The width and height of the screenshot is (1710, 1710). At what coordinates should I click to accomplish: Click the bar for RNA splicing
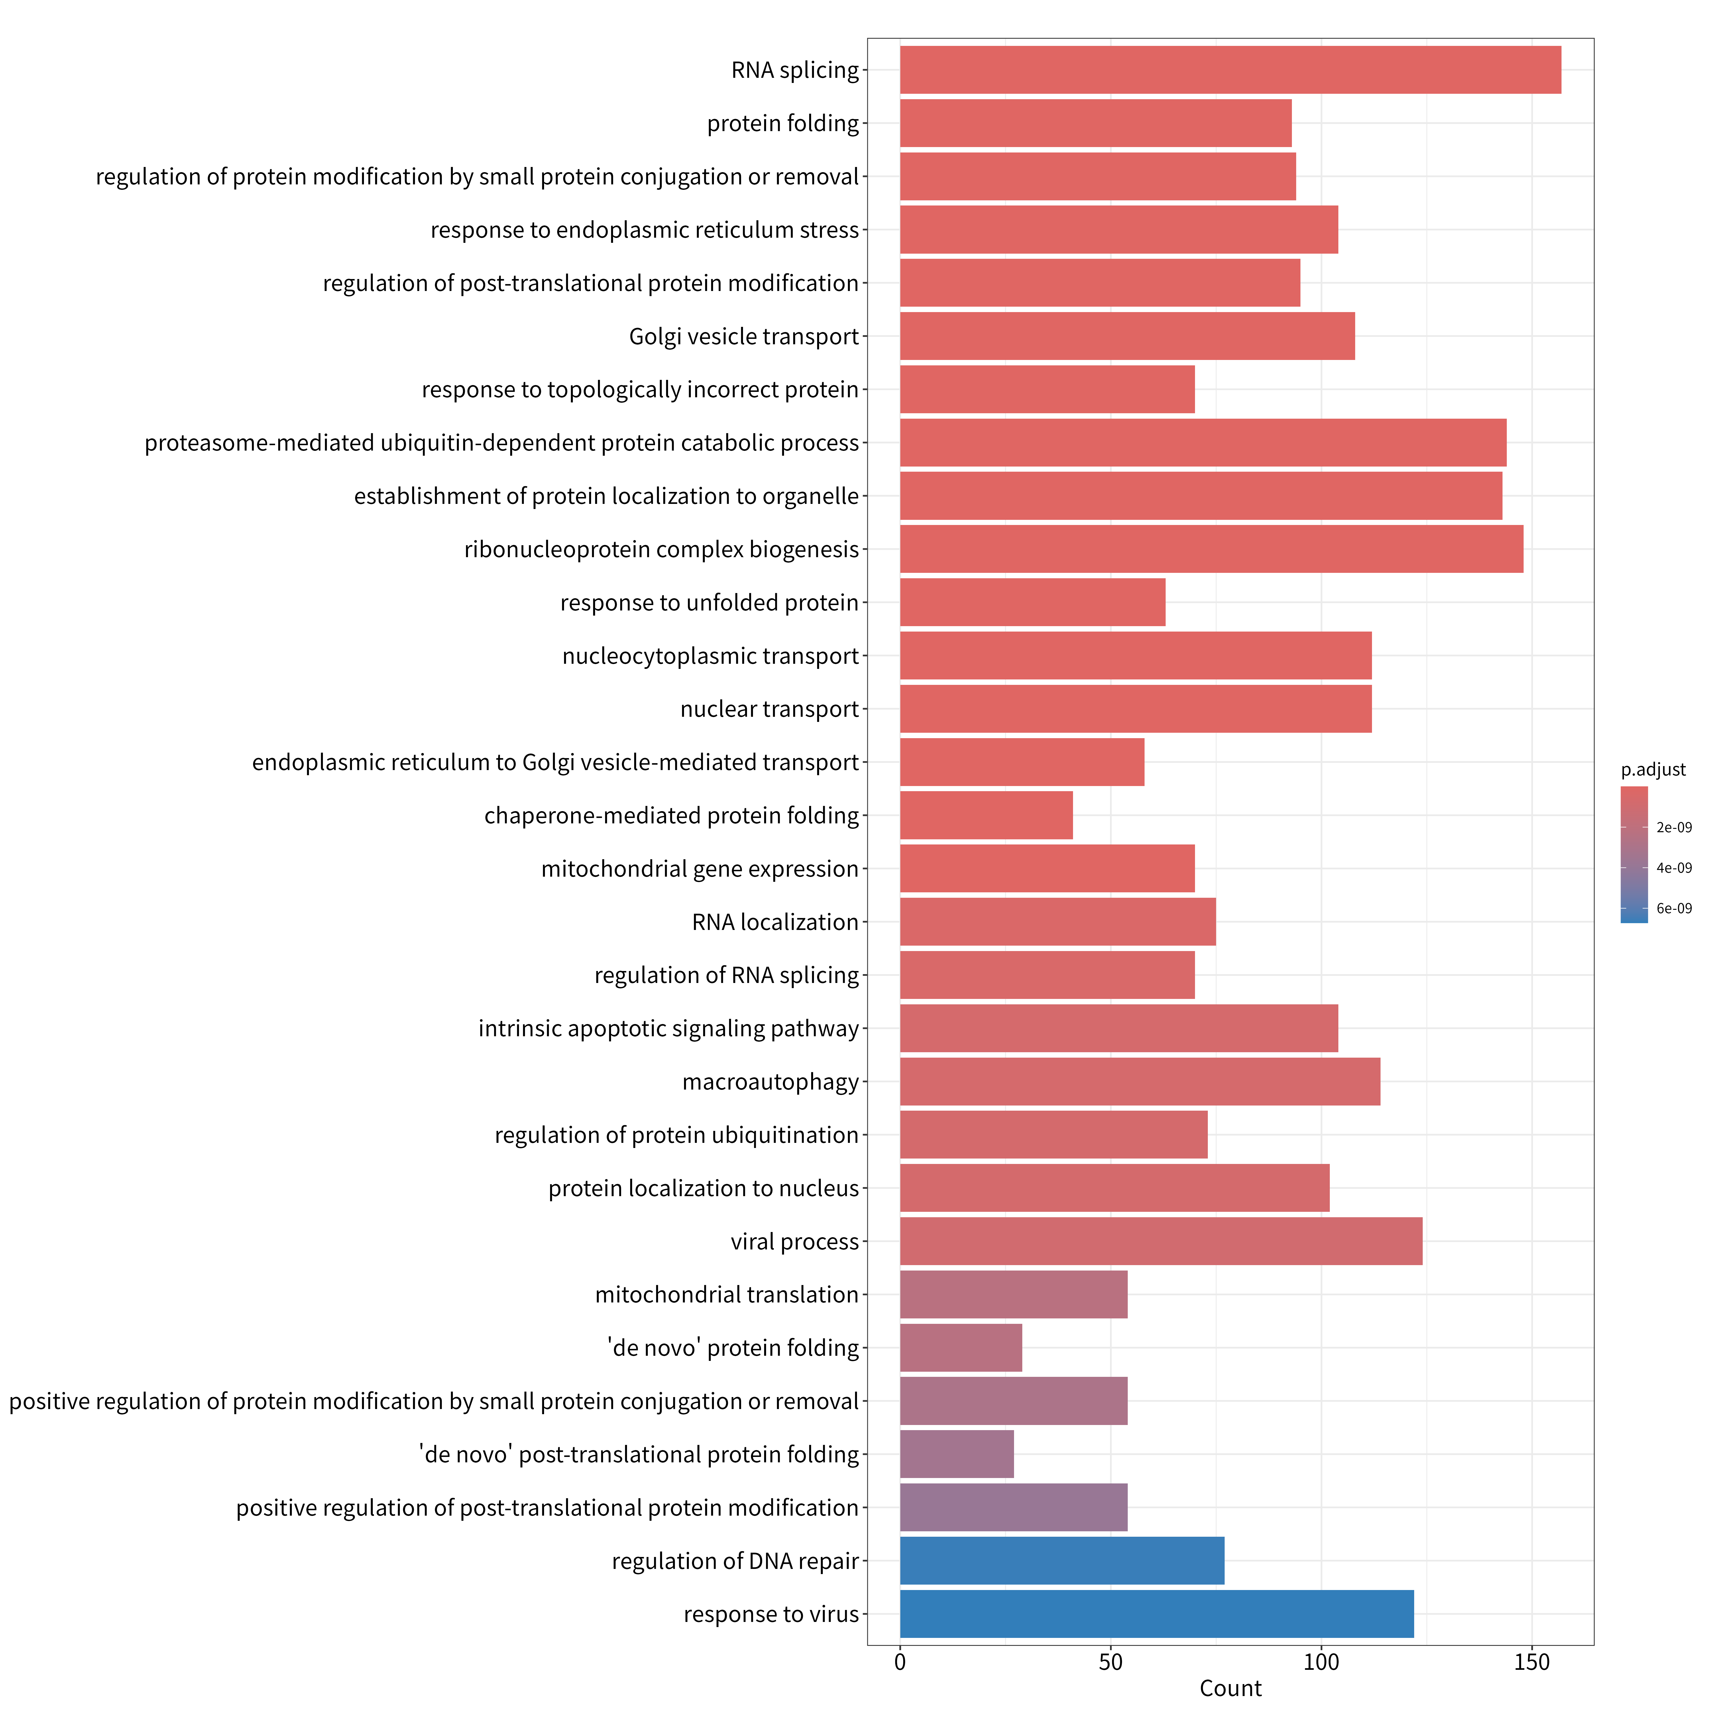pyautogui.click(x=1230, y=70)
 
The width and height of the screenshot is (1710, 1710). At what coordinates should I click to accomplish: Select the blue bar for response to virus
pyautogui.click(x=1157, y=1613)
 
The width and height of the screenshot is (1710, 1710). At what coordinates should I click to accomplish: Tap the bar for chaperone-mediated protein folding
pyautogui.click(x=986, y=815)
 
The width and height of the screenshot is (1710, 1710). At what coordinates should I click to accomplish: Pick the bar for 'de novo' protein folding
pyautogui.click(x=961, y=1347)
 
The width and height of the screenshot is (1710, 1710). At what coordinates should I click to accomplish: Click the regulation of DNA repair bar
pyautogui.click(x=1062, y=1560)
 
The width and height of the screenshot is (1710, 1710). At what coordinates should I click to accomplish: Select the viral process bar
pyautogui.click(x=1161, y=1241)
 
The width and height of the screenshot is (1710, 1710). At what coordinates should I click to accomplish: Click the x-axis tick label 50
pyautogui.click(x=1111, y=1661)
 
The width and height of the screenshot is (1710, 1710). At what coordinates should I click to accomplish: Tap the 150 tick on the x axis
pyautogui.click(x=1532, y=1661)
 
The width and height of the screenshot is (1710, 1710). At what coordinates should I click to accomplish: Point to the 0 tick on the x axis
pyautogui.click(x=900, y=1661)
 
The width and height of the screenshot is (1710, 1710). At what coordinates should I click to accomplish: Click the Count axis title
pyautogui.click(x=1230, y=1688)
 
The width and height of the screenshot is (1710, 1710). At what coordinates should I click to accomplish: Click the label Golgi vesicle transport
pyautogui.click(x=744, y=336)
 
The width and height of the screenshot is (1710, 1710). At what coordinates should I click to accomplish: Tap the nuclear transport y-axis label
pyautogui.click(x=769, y=709)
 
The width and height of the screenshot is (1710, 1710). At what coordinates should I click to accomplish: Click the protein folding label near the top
pyautogui.click(x=782, y=123)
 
